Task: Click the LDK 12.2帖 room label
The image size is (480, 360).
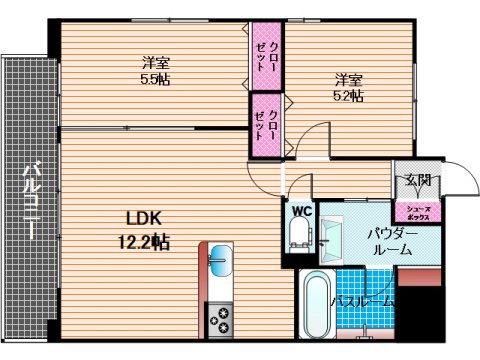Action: tap(146, 229)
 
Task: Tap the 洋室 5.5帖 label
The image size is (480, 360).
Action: tap(154, 71)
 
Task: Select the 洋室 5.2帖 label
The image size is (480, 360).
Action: tap(348, 87)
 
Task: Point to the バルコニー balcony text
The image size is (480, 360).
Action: tap(31, 200)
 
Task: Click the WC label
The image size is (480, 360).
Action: tap(300, 210)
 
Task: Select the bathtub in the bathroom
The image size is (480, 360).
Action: tap(315, 304)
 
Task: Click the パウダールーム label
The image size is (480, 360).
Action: tap(389, 240)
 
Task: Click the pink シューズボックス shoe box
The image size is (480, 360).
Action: tap(418, 211)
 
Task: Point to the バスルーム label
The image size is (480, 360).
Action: tap(362, 301)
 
